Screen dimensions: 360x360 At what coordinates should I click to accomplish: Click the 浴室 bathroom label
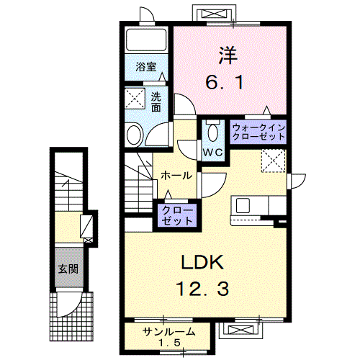[x=146, y=67]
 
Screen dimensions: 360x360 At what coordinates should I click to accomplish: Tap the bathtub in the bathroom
[x=146, y=42]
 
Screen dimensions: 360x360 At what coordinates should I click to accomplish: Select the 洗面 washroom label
[x=156, y=102]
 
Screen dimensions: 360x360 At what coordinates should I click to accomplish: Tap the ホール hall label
[x=176, y=176]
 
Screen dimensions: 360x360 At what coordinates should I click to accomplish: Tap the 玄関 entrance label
[x=69, y=272]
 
